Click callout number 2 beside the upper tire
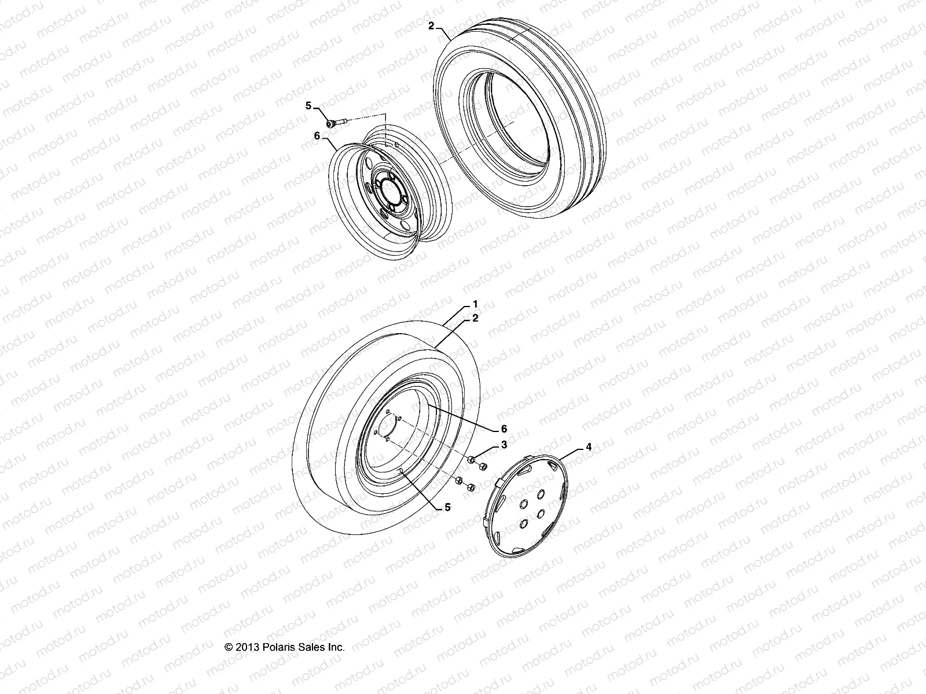pos(431,26)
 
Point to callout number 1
pos(475,304)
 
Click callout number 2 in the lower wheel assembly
pos(475,318)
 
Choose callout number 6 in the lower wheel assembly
pos(504,429)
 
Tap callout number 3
pos(504,445)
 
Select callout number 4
pos(572,446)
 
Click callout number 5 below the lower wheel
pos(447,507)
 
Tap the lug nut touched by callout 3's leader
pos(472,459)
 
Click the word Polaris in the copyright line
pos(275,647)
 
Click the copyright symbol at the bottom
pos(229,647)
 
